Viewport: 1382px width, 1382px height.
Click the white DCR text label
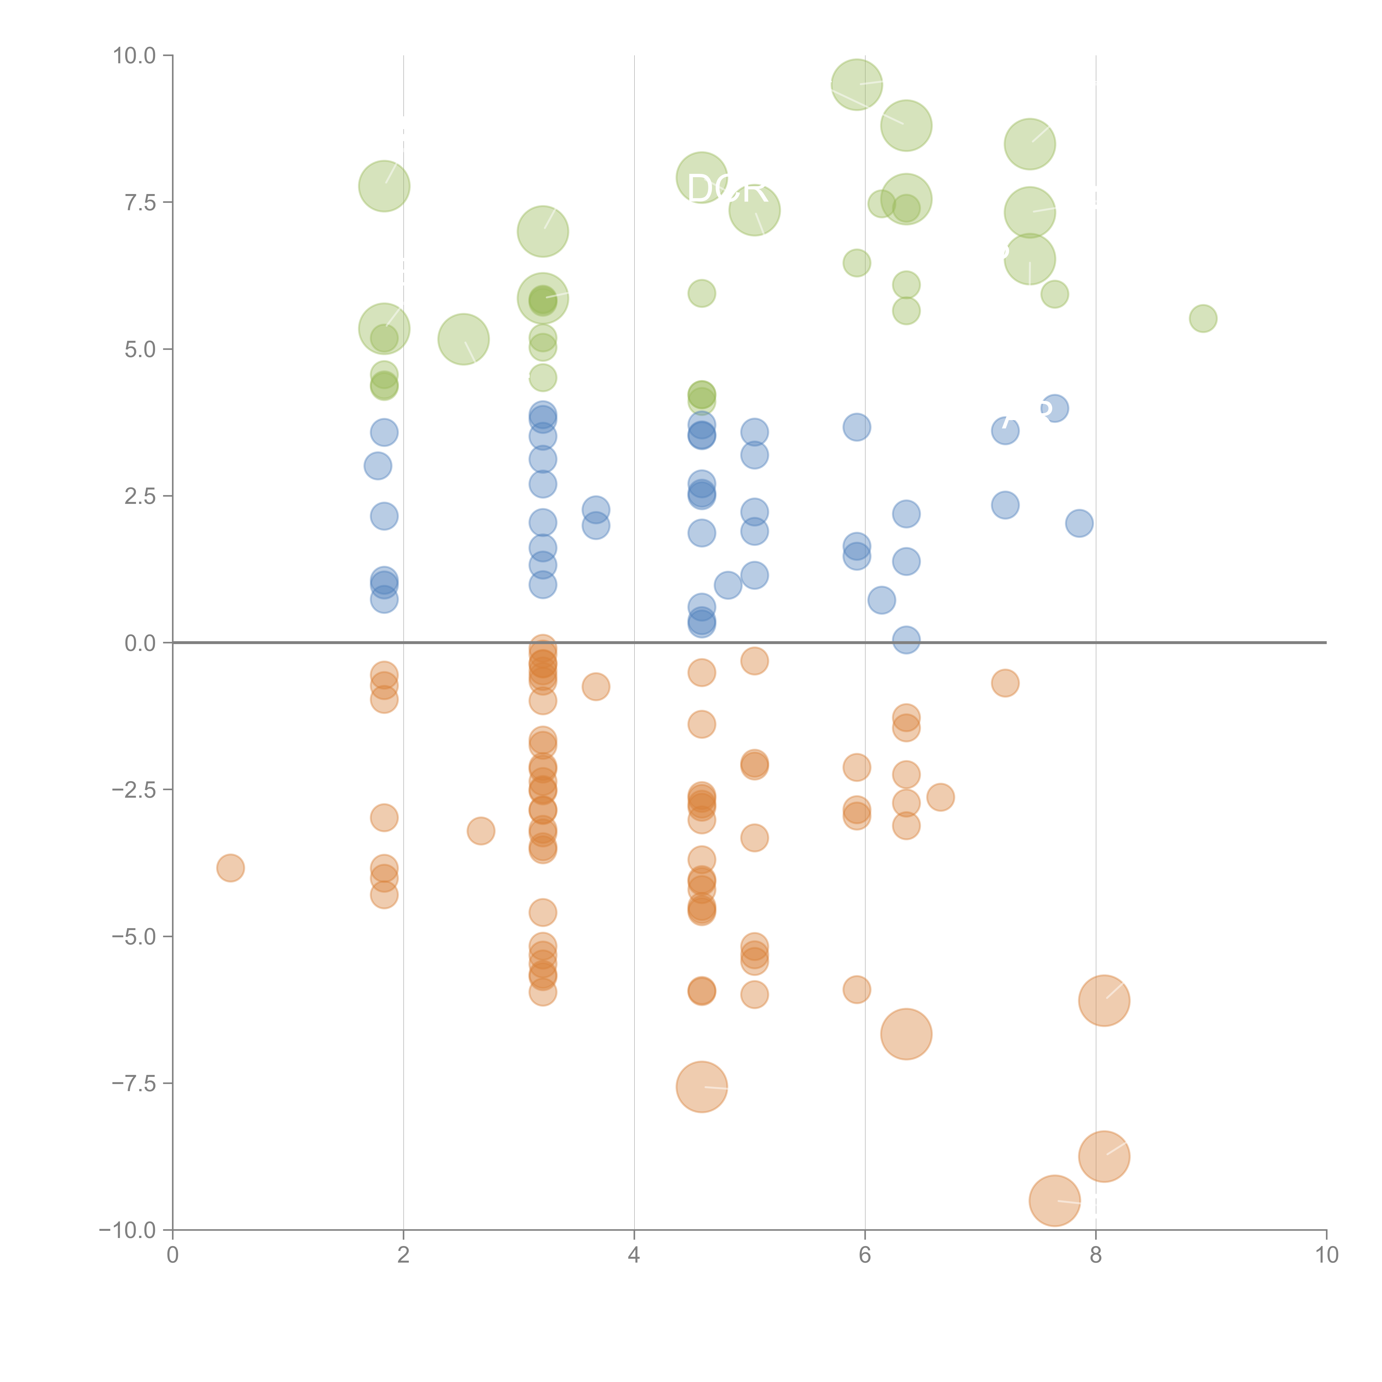[x=727, y=189]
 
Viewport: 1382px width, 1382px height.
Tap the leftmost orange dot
[x=230, y=868]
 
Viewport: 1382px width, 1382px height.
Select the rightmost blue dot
[x=1079, y=523]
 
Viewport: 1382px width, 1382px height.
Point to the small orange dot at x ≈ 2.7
[x=481, y=831]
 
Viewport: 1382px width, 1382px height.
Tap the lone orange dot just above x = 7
[x=1005, y=683]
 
